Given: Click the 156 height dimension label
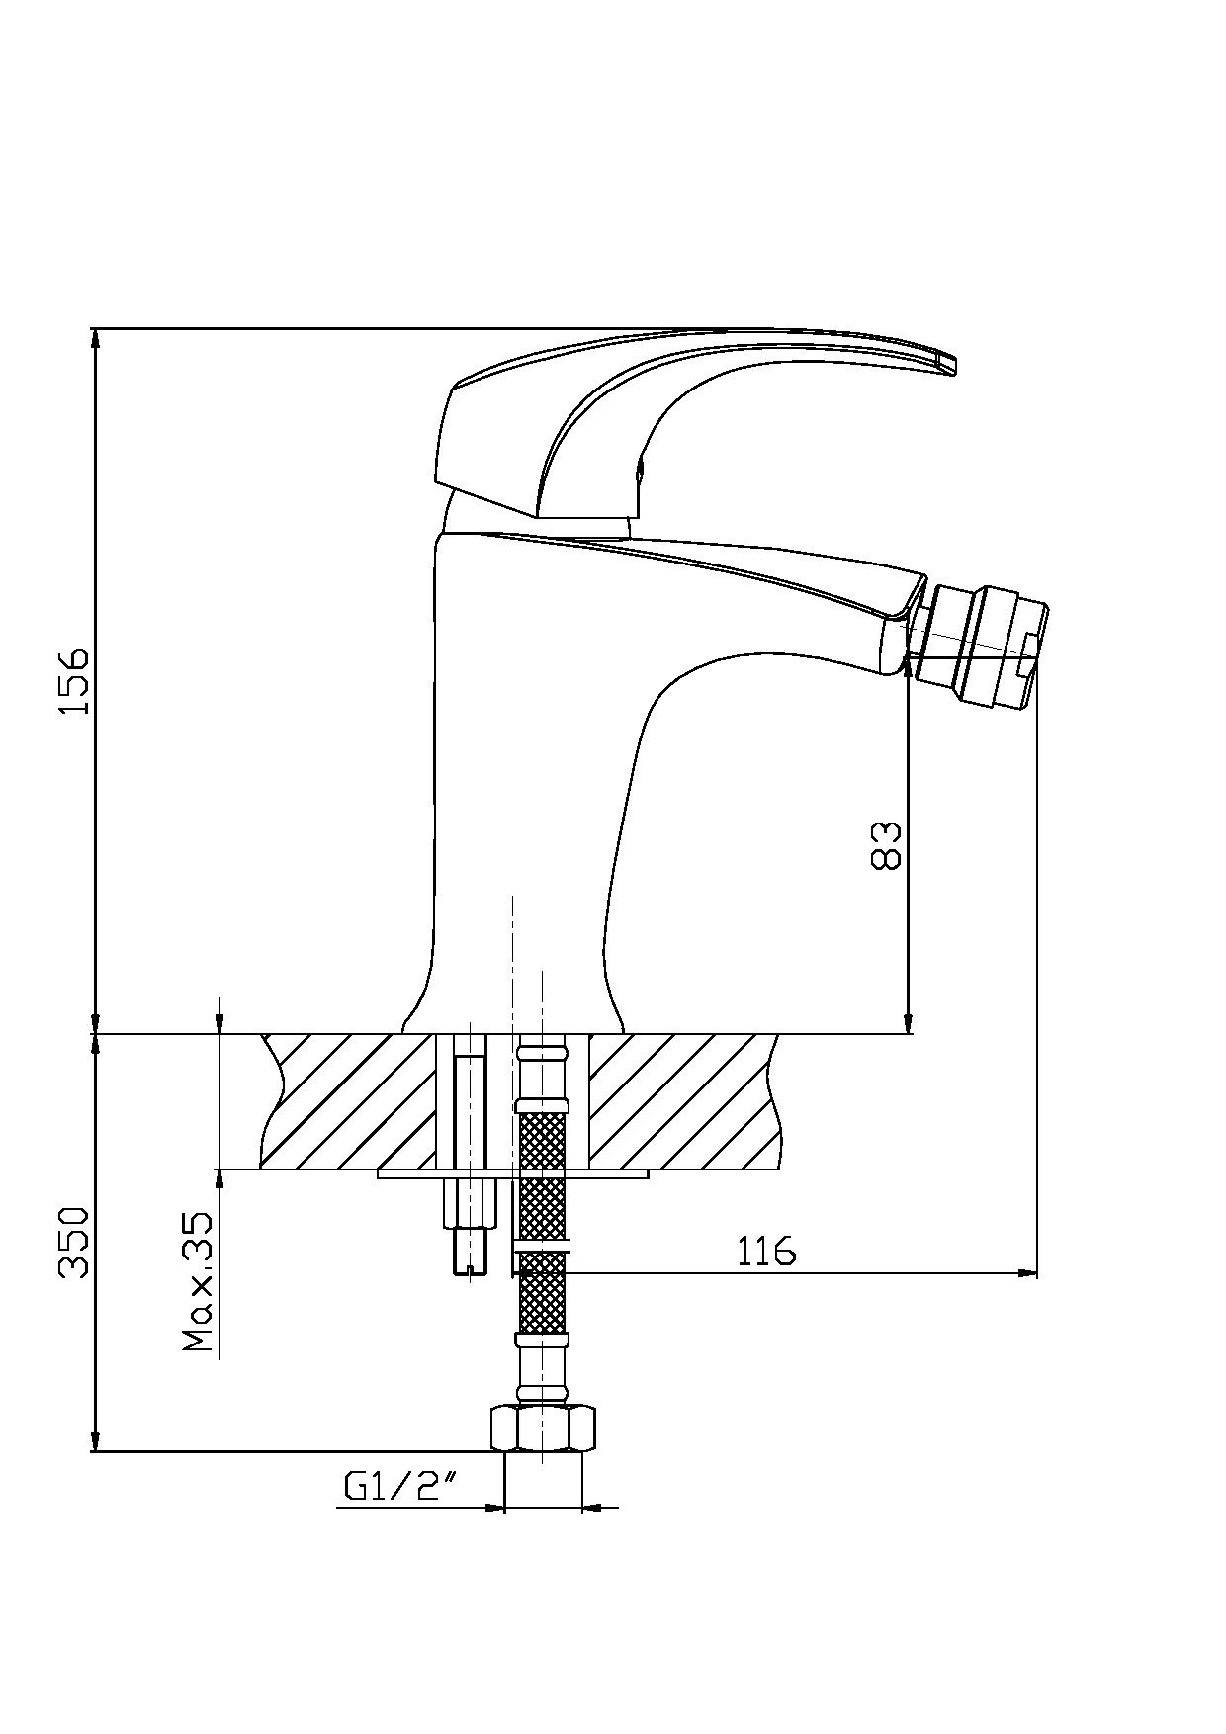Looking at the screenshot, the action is tap(74, 681).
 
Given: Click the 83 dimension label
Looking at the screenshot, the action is tap(887, 844).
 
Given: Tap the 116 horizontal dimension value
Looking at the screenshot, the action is tap(766, 1252).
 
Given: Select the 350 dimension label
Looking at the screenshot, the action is tap(74, 1242).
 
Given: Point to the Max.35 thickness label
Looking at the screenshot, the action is tap(198, 1282).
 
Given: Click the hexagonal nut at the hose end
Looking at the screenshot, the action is tap(544, 1428).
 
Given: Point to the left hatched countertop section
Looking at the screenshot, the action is tap(348, 1101).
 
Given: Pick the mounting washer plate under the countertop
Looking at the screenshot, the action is tap(512, 1174).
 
